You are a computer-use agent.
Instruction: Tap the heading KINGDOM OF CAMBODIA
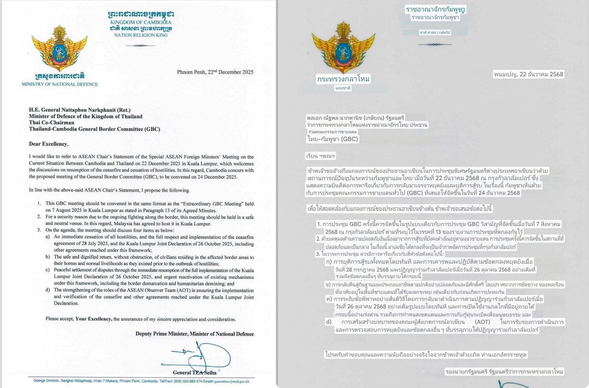click(x=141, y=22)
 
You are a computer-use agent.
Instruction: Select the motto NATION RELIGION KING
click(x=141, y=35)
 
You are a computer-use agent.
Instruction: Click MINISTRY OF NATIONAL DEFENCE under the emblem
click(x=60, y=84)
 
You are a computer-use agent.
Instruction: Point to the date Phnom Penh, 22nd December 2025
click(x=215, y=72)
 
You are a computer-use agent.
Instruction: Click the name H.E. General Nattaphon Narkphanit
click(x=80, y=110)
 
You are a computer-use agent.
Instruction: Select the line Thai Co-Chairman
click(x=52, y=122)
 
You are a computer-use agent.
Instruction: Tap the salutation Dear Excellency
click(x=48, y=144)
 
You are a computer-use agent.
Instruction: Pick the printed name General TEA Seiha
click(x=195, y=373)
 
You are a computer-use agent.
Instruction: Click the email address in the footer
click(x=232, y=381)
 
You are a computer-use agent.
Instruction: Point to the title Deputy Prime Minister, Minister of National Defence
click(x=194, y=334)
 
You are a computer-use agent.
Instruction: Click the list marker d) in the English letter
click(x=48, y=290)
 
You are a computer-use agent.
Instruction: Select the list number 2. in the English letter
click(x=39, y=217)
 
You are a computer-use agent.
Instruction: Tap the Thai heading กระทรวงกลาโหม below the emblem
click(x=343, y=79)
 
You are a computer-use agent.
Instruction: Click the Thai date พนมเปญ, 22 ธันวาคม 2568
click(x=528, y=74)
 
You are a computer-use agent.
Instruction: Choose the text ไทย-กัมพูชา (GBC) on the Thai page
click(x=333, y=139)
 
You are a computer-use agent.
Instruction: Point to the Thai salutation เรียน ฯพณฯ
click(x=320, y=156)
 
